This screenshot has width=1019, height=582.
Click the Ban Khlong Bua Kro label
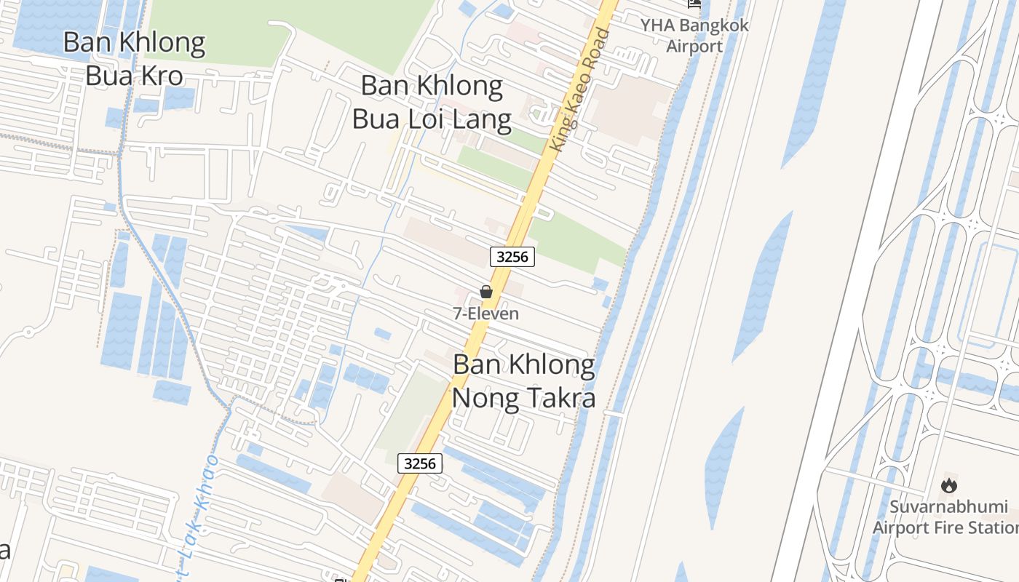134,58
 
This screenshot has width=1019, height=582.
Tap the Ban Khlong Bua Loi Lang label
432,102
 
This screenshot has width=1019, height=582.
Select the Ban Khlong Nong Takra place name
524,380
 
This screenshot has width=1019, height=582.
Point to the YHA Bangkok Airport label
694,36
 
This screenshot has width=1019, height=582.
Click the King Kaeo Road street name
580,89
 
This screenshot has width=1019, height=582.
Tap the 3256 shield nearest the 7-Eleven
513,256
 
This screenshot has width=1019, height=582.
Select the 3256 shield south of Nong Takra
420,463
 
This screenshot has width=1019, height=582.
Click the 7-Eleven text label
486,314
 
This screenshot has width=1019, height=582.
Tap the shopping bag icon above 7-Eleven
486,292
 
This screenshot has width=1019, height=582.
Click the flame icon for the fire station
949,485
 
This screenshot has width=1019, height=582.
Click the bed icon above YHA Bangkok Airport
694,4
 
